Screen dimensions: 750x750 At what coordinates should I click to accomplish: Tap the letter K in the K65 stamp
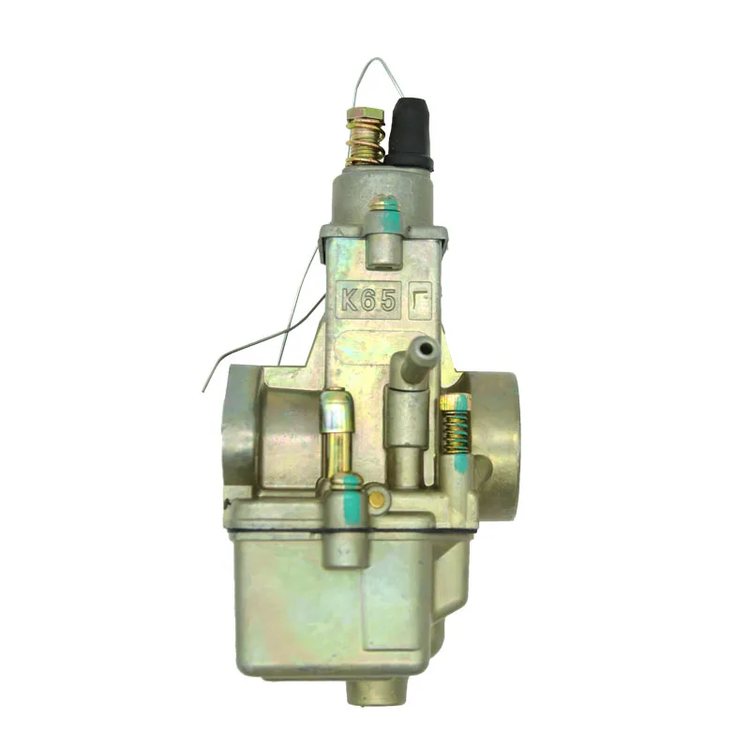click(350, 301)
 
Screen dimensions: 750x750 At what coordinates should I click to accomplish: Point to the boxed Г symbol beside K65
click(419, 301)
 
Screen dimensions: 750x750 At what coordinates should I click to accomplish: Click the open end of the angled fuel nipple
click(427, 350)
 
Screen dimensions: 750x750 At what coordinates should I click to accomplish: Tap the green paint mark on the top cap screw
click(386, 218)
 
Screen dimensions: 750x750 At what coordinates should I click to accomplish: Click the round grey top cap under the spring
click(380, 192)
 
